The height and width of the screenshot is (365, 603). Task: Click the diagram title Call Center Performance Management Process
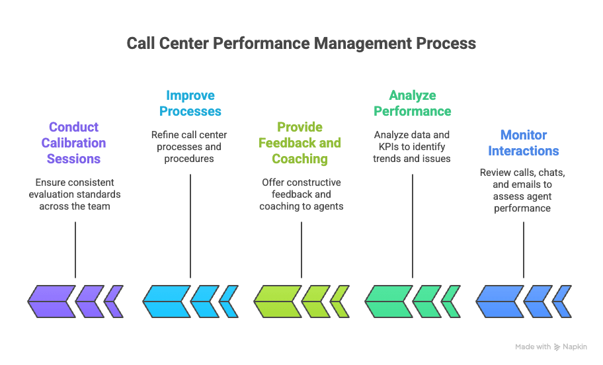click(301, 44)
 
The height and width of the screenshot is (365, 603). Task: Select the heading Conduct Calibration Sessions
click(73, 143)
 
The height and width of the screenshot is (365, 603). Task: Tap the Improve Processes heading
click(190, 103)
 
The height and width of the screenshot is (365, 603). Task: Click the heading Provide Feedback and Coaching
click(300, 143)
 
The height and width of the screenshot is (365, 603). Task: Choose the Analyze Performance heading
click(412, 103)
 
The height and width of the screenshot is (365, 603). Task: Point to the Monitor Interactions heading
click(523, 143)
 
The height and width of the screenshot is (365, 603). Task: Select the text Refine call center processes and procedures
click(190, 147)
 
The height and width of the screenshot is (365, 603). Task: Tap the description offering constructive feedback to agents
click(301, 194)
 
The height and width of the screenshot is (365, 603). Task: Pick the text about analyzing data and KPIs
click(412, 147)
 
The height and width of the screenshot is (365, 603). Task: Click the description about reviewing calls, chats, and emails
click(523, 190)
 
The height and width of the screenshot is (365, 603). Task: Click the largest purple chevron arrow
click(52, 302)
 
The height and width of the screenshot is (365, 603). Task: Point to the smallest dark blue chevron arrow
click(562, 302)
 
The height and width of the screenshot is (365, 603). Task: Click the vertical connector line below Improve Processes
click(190, 225)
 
